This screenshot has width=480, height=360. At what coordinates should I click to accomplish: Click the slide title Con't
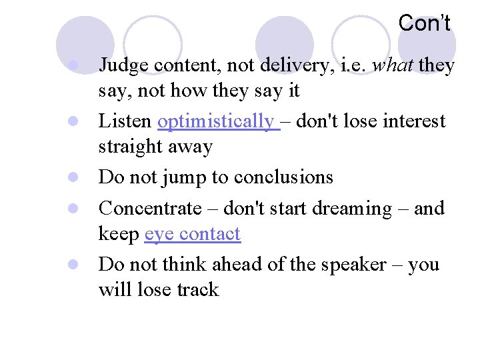pyautogui.click(x=424, y=23)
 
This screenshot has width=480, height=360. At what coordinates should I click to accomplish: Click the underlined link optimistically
pyautogui.click(x=215, y=122)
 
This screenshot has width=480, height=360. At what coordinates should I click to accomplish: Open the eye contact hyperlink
pyautogui.click(x=192, y=234)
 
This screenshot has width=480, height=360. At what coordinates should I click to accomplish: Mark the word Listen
pyautogui.click(x=125, y=121)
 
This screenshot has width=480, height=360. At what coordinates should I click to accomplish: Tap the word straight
pyautogui.click(x=130, y=147)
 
